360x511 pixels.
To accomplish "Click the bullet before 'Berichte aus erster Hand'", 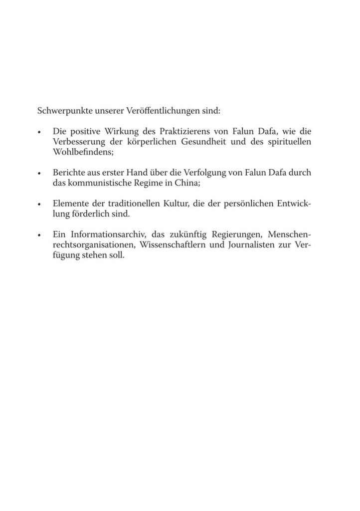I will coord(39,174).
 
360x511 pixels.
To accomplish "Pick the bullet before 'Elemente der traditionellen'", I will coord(39,204).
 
